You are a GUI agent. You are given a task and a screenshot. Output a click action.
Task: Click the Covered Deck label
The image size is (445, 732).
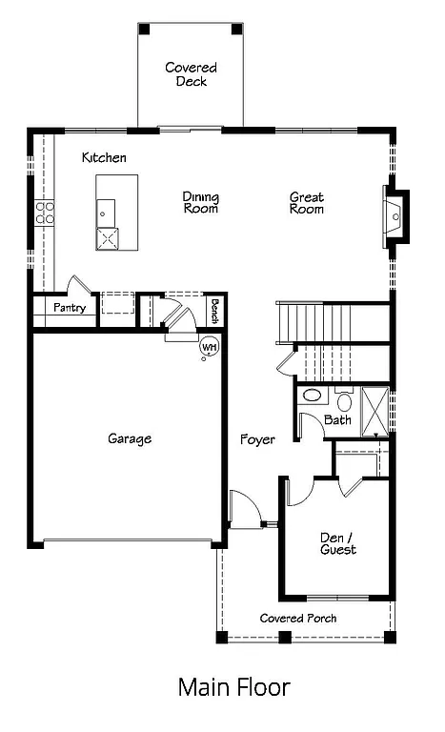(191, 74)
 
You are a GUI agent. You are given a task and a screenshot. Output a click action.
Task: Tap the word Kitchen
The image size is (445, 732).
(104, 157)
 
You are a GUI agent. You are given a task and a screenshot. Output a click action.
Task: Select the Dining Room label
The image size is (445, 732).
(201, 202)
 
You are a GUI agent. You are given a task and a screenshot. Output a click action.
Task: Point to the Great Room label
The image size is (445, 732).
(307, 202)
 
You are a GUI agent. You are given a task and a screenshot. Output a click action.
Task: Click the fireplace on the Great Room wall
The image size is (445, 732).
(395, 216)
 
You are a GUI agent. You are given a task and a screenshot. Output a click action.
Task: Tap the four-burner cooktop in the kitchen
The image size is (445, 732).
(44, 213)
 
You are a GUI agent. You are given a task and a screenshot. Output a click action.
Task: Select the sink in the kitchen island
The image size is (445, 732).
(105, 210)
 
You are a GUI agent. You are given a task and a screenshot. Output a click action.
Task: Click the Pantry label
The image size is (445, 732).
(70, 308)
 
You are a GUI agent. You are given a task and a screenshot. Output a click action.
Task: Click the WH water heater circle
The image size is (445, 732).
(209, 348)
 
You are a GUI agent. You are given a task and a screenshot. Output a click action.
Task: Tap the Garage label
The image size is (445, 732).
(130, 438)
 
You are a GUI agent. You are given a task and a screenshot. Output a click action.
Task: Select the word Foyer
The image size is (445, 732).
(257, 439)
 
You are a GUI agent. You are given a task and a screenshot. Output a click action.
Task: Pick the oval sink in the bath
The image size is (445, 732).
(312, 396)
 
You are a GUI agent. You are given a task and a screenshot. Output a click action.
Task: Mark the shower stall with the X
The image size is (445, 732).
(376, 409)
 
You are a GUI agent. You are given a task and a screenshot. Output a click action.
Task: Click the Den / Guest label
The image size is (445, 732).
(338, 543)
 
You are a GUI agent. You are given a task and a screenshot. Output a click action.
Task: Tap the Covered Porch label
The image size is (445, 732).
(298, 619)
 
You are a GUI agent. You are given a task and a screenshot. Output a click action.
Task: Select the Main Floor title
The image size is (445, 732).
(233, 686)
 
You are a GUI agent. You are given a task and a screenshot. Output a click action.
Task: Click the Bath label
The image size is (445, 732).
(337, 419)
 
